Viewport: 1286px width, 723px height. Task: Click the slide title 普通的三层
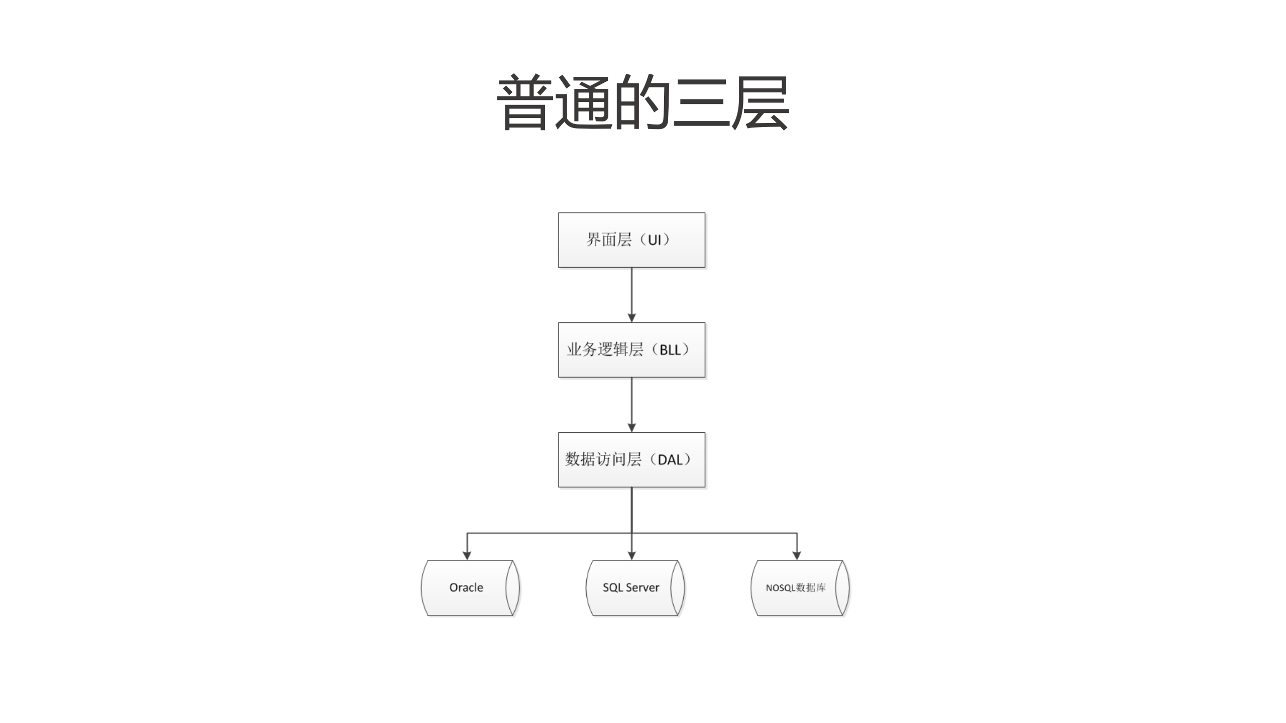click(x=642, y=103)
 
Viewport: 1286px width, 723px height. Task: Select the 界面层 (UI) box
click(x=631, y=240)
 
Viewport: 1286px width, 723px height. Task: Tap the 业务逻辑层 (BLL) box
click(x=631, y=350)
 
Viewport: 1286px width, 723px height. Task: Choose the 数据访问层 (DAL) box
click(x=631, y=459)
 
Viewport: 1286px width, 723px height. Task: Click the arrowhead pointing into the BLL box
click(x=632, y=318)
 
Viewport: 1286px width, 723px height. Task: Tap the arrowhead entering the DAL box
click(x=632, y=428)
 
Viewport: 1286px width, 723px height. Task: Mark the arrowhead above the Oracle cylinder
click(x=467, y=555)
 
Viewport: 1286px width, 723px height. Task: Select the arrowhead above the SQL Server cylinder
click(x=632, y=555)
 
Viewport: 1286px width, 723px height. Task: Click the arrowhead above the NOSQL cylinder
click(x=797, y=555)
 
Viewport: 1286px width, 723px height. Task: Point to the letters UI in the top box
click(x=655, y=240)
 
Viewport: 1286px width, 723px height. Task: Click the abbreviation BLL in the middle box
click(x=670, y=350)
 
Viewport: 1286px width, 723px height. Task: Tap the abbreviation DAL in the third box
click(x=670, y=460)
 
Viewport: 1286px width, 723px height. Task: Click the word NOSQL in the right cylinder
click(x=780, y=588)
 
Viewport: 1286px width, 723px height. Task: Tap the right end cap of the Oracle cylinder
click(x=512, y=588)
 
